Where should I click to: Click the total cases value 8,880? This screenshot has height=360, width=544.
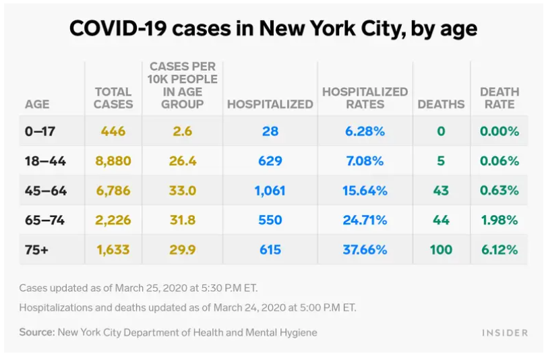point(113,161)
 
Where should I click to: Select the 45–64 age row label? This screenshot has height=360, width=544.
point(46,191)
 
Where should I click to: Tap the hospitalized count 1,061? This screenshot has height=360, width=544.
point(270,191)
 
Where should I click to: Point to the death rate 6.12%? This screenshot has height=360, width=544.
point(499,249)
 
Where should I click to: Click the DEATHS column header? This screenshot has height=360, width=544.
point(441,104)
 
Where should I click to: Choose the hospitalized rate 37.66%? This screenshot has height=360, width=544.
point(365,249)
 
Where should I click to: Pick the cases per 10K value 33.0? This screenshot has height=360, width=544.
point(183,191)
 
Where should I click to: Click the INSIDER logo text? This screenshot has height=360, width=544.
point(505,333)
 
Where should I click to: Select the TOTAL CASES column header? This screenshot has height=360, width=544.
point(113,98)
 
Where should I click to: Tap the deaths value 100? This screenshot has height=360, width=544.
point(441,249)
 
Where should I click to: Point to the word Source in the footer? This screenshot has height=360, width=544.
point(36,332)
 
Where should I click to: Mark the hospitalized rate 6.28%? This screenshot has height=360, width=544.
point(365,131)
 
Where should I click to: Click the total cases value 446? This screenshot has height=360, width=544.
point(113,131)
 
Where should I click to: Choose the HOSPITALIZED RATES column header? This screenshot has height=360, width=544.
point(365,98)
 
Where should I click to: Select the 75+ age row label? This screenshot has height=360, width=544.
point(36,249)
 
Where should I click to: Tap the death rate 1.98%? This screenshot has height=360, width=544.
point(499,220)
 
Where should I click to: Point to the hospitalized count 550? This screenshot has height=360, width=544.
point(270,220)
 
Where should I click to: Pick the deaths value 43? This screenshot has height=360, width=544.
point(441,191)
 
